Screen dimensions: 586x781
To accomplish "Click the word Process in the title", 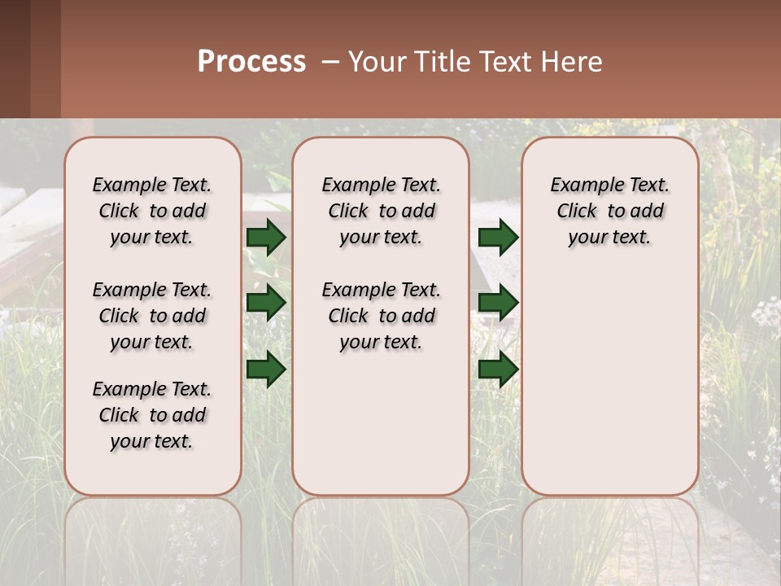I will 251,61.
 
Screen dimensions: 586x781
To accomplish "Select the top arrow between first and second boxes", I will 266,238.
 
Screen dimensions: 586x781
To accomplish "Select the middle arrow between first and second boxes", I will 266,303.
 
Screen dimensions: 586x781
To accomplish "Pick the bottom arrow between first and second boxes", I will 266,369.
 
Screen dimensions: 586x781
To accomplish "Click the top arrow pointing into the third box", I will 498,238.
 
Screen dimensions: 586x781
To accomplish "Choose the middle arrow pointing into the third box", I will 498,303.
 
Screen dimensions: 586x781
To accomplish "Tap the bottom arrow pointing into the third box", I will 498,369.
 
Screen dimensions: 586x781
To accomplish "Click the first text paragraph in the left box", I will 152,211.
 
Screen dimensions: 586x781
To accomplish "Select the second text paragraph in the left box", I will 152,316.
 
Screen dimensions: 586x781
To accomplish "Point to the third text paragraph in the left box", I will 152,415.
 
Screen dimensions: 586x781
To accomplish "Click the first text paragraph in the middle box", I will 381,211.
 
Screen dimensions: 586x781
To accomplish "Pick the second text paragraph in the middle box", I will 381,316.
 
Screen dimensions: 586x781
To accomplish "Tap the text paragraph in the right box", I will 609,211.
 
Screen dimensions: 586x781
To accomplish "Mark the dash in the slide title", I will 329,62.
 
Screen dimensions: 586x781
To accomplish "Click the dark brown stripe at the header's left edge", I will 15,59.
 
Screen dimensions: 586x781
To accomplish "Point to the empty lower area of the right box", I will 609,383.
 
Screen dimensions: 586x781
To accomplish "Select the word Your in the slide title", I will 374,62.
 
